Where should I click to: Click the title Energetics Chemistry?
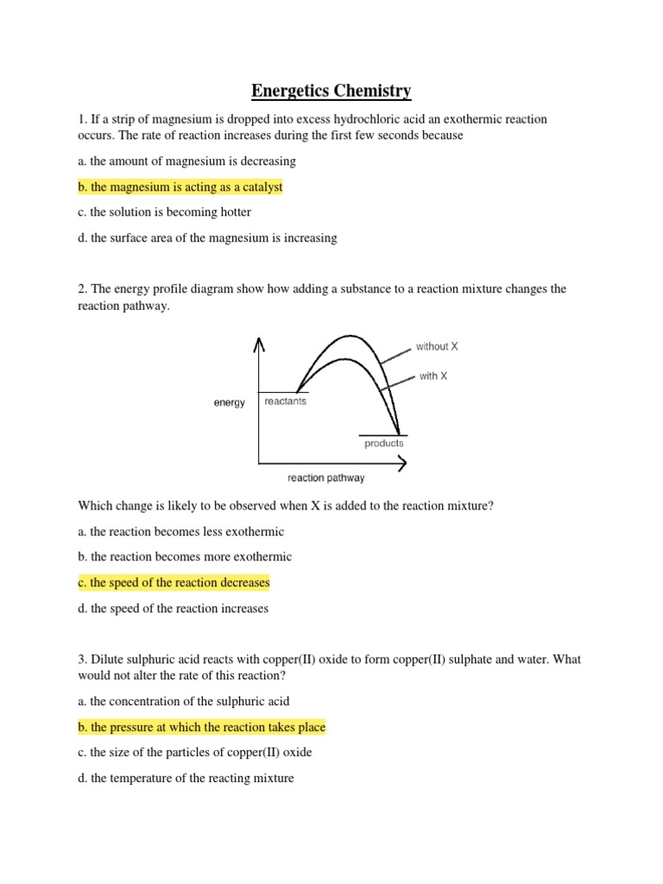(331, 91)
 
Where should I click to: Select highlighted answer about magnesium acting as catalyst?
(180, 186)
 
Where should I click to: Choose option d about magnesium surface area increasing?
(207, 238)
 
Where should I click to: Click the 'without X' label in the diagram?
(437, 346)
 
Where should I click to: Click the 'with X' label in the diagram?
(433, 376)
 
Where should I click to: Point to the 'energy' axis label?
(230, 402)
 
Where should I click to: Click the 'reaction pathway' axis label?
(325, 477)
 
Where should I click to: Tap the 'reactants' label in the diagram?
(285, 401)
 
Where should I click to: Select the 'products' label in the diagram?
(383, 443)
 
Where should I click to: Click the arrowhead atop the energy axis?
(257, 344)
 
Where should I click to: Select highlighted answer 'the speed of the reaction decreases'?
(174, 583)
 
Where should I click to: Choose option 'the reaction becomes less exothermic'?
(180, 532)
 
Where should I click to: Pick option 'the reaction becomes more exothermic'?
(185, 557)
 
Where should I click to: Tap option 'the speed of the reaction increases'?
(173, 609)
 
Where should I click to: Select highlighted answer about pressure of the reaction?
(201, 727)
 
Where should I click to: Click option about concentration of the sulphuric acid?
(190, 701)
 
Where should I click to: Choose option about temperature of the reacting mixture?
(186, 778)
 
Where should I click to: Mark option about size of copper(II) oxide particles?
(194, 752)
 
